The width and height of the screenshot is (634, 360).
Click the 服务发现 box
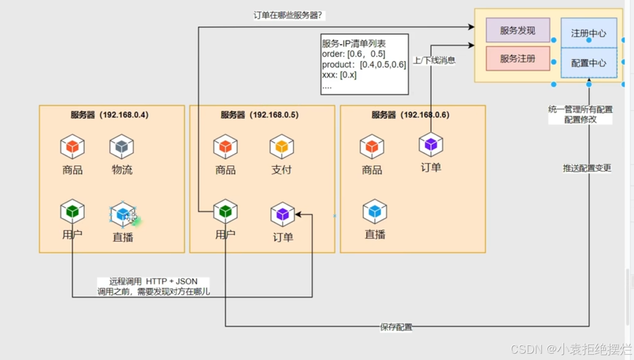(x=518, y=31)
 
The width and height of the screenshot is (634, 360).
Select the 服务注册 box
(x=518, y=59)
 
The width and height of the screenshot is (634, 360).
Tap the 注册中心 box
(x=588, y=33)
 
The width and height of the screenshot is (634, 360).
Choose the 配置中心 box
(x=588, y=63)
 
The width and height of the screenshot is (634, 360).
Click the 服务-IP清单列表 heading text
(x=354, y=44)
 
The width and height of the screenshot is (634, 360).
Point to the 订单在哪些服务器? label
(x=288, y=16)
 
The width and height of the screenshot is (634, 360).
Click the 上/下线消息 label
(x=434, y=60)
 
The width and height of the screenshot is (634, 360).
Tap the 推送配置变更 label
(x=587, y=168)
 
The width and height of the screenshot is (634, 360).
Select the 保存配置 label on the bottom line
(x=396, y=327)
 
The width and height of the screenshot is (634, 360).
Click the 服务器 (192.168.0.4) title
(x=110, y=115)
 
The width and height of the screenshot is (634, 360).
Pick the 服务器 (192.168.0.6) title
(x=411, y=115)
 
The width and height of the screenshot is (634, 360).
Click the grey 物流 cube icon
(x=121, y=147)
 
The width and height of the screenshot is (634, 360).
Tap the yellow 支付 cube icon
(x=282, y=147)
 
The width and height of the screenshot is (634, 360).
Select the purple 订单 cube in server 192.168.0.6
(x=431, y=144)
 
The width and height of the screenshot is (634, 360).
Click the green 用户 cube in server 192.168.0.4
(x=72, y=212)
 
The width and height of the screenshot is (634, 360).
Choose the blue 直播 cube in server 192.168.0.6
(x=375, y=212)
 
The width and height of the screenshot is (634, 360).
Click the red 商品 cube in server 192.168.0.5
(x=225, y=147)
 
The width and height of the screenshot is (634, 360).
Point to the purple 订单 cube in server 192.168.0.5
(x=283, y=215)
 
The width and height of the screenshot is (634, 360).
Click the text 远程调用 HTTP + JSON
(x=153, y=281)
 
